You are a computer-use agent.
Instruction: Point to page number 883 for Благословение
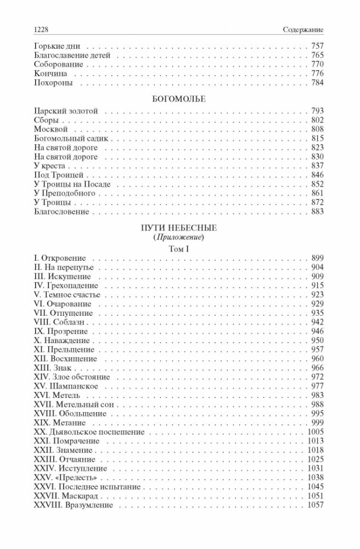318,211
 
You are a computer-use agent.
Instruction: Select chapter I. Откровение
63,258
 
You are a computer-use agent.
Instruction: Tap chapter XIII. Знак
53,368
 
